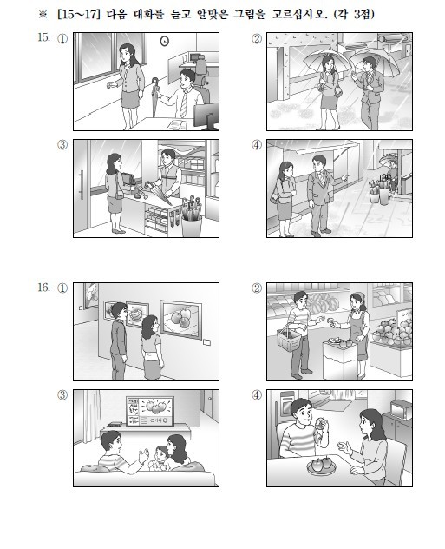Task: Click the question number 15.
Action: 43,37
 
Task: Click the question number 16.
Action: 43,288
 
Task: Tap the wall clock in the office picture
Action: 164,42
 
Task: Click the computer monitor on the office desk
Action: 206,116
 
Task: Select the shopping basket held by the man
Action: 289,337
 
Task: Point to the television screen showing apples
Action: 150,412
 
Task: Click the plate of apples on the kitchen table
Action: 321,466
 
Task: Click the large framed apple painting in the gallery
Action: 180,319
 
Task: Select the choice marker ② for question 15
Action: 257,38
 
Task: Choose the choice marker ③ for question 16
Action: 62,394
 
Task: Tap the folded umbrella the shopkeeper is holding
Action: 159,192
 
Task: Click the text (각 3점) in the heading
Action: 354,15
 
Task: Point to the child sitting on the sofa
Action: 160,459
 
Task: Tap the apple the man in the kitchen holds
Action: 320,425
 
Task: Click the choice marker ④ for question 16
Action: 257,394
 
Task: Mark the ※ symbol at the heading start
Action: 43,15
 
